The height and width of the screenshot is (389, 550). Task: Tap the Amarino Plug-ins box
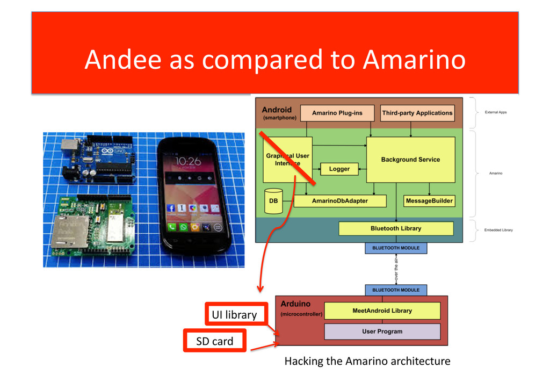point(337,113)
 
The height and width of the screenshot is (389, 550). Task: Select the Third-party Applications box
point(417,113)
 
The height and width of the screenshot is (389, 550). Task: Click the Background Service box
point(410,160)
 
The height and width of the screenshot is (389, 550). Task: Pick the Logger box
point(339,169)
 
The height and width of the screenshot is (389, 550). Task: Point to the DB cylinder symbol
point(273,201)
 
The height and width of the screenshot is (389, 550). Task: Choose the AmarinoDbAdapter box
point(340,201)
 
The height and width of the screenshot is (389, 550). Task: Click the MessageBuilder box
point(429,201)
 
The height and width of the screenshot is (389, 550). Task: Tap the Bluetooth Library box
point(396,228)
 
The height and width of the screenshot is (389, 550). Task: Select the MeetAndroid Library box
point(382,311)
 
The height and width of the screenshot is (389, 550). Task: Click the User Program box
point(382,331)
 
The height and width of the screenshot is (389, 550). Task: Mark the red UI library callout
point(234,314)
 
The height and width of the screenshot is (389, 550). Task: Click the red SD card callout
point(215,341)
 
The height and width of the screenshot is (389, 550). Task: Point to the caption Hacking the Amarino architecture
point(367,361)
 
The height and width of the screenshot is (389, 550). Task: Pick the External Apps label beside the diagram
point(495,112)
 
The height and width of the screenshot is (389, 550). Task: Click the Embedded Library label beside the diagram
point(498,230)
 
